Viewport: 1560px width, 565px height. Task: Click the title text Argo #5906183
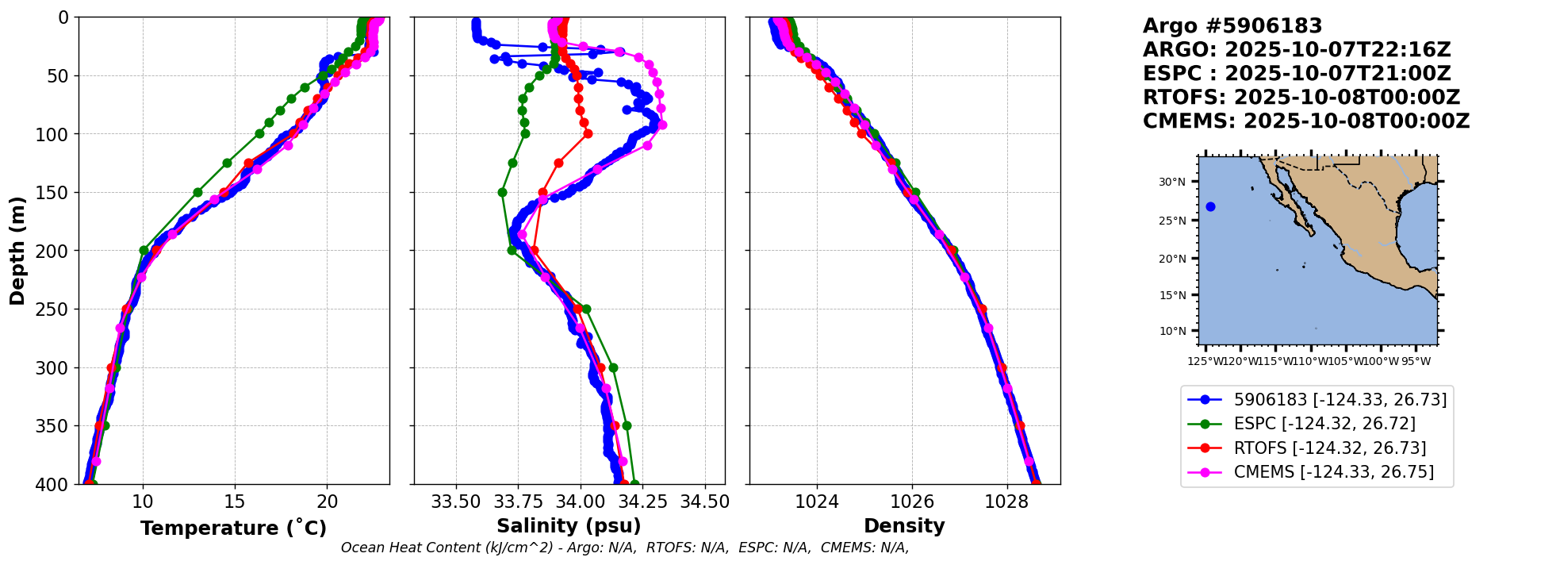click(x=1232, y=26)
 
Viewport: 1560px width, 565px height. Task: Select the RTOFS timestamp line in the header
click(x=1301, y=98)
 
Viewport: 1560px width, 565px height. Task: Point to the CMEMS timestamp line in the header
click(x=1305, y=121)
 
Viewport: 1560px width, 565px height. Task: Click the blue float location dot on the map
click(x=1210, y=206)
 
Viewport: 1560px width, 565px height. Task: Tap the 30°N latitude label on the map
click(x=1172, y=182)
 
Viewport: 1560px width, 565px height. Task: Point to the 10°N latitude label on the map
click(x=1172, y=330)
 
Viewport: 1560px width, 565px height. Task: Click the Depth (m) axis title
click(x=17, y=251)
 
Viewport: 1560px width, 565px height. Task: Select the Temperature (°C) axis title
click(x=233, y=528)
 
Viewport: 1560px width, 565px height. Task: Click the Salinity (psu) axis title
click(x=569, y=526)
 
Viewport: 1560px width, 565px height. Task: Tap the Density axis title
click(x=904, y=526)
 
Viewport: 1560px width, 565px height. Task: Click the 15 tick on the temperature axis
click(x=235, y=502)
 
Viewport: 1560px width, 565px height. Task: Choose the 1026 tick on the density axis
click(x=912, y=502)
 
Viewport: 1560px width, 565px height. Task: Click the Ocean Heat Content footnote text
click(x=625, y=548)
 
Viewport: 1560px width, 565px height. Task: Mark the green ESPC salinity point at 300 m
click(x=612, y=367)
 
